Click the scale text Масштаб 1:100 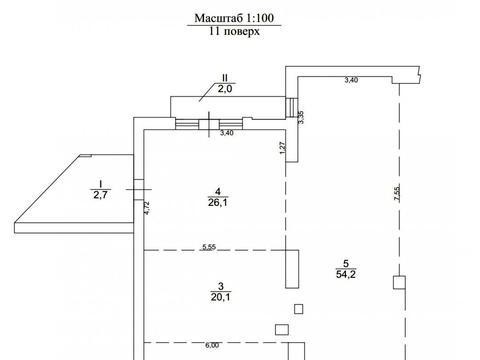pyautogui.click(x=234, y=18)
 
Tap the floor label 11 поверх pyautogui.click(x=234, y=31)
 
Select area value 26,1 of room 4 pyautogui.click(x=218, y=202)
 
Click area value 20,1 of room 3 pyautogui.click(x=220, y=297)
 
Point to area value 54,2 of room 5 pyautogui.click(x=346, y=274)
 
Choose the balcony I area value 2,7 pyautogui.click(x=100, y=195)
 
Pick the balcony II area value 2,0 pyautogui.click(x=225, y=89)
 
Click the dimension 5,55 pyautogui.click(x=209, y=247)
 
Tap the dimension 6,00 pyautogui.click(x=212, y=346)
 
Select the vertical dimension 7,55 pyautogui.click(x=397, y=193)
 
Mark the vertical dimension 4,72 pyautogui.click(x=147, y=208)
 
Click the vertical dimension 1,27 pyautogui.click(x=282, y=148)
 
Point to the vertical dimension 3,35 pyautogui.click(x=301, y=117)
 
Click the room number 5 pyautogui.click(x=346, y=264)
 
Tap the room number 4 pyautogui.click(x=218, y=191)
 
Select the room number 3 pyautogui.click(x=220, y=286)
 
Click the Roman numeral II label pyautogui.click(x=225, y=78)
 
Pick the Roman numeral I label pyautogui.click(x=100, y=184)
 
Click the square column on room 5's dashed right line pyautogui.click(x=399, y=282)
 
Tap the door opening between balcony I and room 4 pyautogui.click(x=139, y=190)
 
